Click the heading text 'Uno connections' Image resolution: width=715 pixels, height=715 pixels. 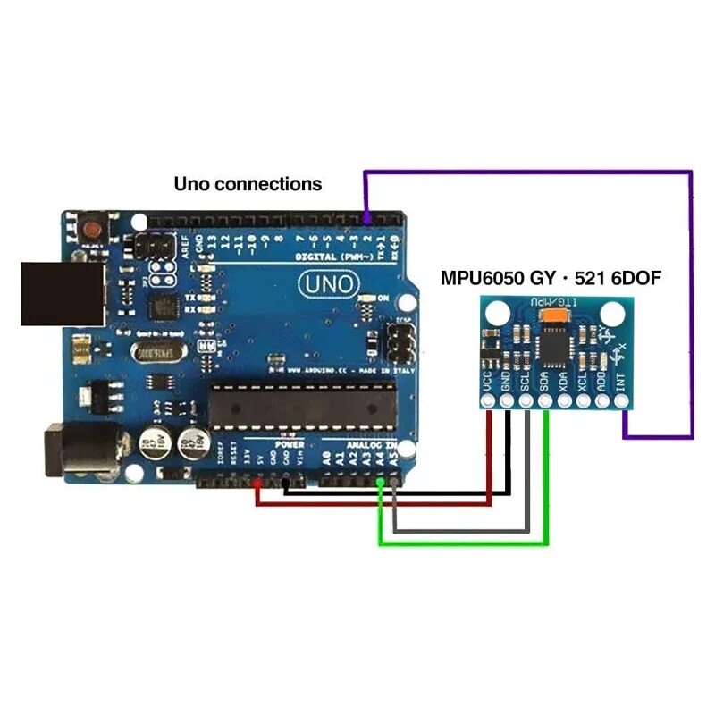point(248,184)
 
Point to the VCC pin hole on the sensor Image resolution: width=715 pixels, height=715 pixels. point(488,402)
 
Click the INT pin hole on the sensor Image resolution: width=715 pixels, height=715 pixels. point(622,402)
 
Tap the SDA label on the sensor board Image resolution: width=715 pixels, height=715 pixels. point(545,382)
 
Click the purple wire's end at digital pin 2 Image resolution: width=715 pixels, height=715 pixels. point(366,218)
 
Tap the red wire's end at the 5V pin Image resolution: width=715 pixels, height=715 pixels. point(257,484)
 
